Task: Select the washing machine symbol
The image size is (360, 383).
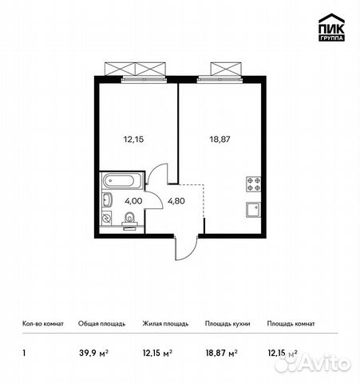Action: (x=108, y=217)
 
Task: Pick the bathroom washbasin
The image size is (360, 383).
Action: (x=108, y=199)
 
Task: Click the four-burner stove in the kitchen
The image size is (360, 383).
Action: (x=254, y=184)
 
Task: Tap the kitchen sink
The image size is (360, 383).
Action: (x=254, y=210)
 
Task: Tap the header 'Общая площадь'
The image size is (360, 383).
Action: (x=101, y=324)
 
